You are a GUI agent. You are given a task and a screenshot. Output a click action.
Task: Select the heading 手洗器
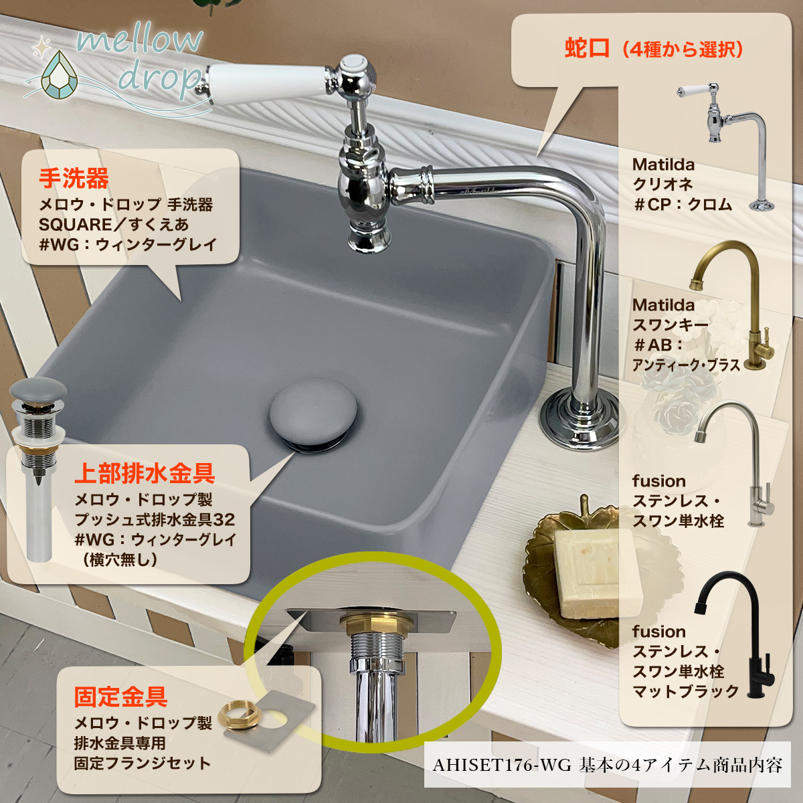[x=74, y=179]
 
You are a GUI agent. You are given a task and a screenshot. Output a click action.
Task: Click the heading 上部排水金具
[x=145, y=473]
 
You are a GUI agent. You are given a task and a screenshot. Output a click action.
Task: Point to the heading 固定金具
[x=120, y=697]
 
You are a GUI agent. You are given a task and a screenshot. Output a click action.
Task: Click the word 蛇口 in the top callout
[x=587, y=49]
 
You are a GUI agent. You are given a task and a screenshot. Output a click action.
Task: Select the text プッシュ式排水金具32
[x=155, y=519]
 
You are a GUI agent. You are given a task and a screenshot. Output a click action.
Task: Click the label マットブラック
[x=686, y=691]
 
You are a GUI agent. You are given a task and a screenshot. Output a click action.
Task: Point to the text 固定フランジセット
[x=143, y=763]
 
